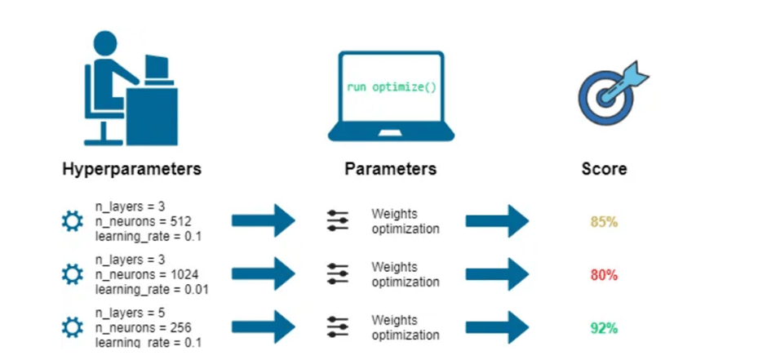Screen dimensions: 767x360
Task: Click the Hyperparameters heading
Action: [131, 169]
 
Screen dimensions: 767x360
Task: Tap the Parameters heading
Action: [390, 169]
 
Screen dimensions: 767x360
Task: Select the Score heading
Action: [604, 169]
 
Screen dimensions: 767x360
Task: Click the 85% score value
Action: [604, 222]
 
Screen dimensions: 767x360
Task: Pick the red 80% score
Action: [604, 275]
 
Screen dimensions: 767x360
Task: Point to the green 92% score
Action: [604, 328]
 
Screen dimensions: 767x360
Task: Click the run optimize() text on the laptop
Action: [392, 87]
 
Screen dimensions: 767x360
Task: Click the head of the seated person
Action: [105, 43]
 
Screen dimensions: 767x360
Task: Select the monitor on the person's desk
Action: [157, 70]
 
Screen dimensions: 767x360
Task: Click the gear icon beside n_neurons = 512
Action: [73, 221]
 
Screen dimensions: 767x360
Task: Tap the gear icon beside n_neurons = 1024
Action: [73, 274]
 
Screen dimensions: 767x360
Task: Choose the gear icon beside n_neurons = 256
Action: [73, 327]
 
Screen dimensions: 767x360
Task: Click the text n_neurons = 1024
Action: [147, 274]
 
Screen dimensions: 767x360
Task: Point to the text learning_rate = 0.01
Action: [152, 290]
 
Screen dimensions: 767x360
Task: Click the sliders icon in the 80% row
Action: [338, 274]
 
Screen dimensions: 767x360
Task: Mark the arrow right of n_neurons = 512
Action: [264, 221]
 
